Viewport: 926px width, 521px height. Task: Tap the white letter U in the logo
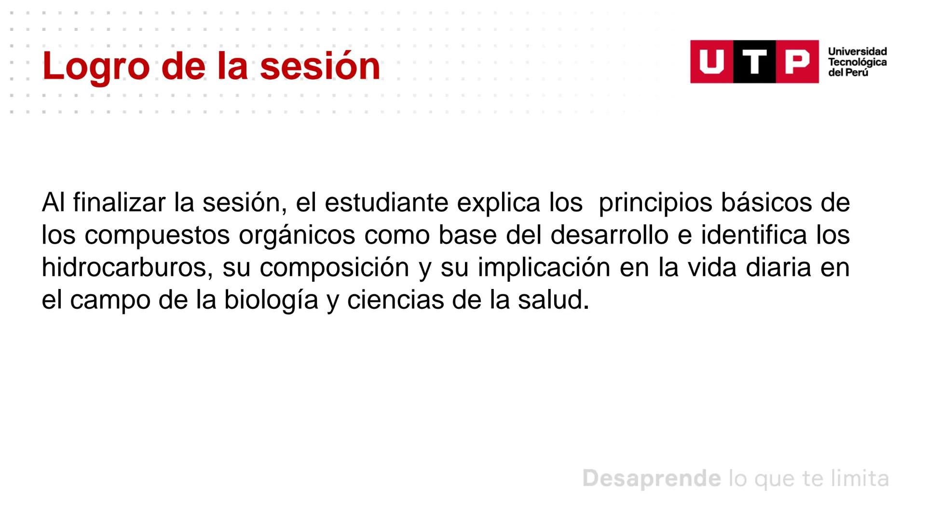(711, 62)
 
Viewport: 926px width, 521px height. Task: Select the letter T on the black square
(754, 62)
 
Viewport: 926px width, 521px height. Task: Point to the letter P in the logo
(797, 62)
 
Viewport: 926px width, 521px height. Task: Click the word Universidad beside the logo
(857, 52)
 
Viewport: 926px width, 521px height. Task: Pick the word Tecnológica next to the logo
(857, 62)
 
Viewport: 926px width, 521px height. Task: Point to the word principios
(655, 204)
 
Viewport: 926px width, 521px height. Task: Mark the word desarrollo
(609, 235)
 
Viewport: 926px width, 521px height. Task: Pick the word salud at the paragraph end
(553, 300)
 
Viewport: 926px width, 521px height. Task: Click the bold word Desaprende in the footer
(652, 479)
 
